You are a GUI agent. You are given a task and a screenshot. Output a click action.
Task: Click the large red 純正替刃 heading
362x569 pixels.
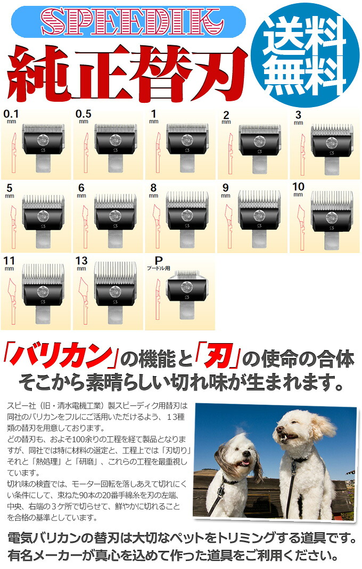click(x=126, y=70)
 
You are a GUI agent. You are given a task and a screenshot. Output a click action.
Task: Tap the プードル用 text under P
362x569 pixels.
click(x=159, y=269)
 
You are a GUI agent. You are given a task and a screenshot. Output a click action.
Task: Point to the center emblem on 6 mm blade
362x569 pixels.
click(x=116, y=215)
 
